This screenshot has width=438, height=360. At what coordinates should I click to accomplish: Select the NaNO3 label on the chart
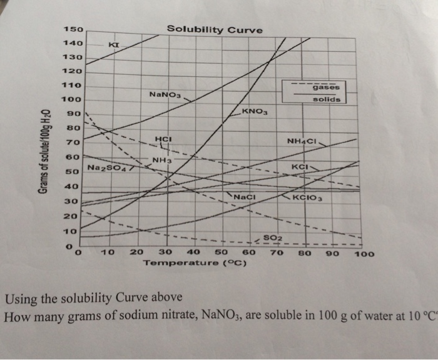click(x=165, y=95)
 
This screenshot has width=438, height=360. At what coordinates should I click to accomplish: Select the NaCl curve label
click(x=246, y=197)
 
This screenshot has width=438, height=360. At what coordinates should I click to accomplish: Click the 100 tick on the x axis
click(x=364, y=254)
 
